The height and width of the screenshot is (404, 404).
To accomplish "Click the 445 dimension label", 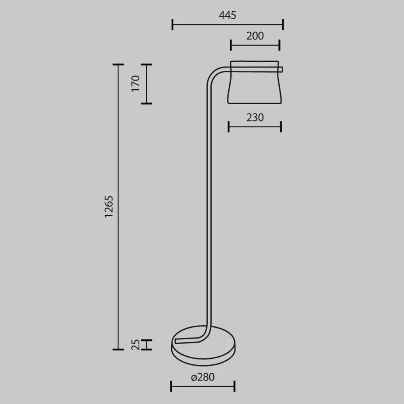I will tap(227, 15).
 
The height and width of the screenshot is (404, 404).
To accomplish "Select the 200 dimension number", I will tap(255, 36).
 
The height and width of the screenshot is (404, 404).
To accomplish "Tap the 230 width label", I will tap(255, 117).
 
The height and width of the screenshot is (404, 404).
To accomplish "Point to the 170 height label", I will tap(135, 84).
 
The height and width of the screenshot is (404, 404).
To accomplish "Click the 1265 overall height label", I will tap(109, 207).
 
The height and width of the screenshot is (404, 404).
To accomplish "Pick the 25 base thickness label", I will tap(136, 344).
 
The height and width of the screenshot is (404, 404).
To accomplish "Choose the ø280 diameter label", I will tap(202, 377).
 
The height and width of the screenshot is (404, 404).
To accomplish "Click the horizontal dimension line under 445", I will tap(227, 24).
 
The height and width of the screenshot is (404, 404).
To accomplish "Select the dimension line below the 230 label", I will tap(255, 126).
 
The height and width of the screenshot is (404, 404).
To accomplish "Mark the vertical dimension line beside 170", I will tap(147, 84).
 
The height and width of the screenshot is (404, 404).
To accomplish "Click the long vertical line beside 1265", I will tap(118, 207).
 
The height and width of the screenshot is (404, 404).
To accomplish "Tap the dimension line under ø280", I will tap(202, 386).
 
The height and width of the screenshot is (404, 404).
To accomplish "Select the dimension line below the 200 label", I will tap(255, 45).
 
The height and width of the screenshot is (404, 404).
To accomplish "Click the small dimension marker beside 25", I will tap(147, 344).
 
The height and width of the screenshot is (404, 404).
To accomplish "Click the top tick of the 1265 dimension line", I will tap(118, 65).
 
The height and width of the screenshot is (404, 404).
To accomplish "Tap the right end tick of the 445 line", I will tap(283, 24).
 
